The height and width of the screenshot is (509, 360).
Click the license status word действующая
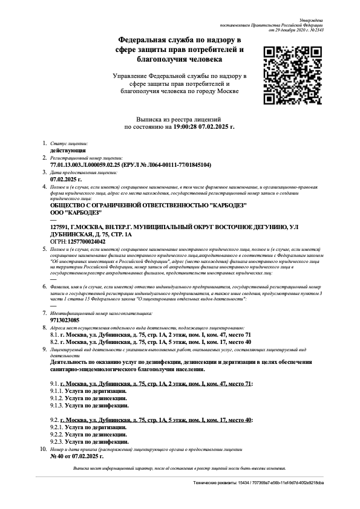tap(68, 149)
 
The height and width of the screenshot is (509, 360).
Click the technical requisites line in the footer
tap(258, 483)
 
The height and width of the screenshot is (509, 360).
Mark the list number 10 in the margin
tap(42, 450)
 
